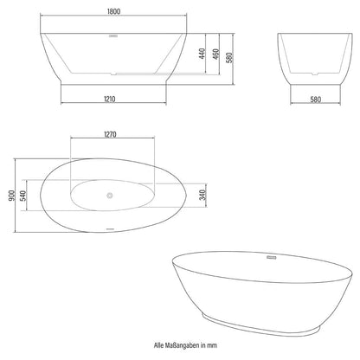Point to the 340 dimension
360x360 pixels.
[200, 194]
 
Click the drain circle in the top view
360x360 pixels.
[109, 195]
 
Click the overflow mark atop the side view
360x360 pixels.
[112, 36]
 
